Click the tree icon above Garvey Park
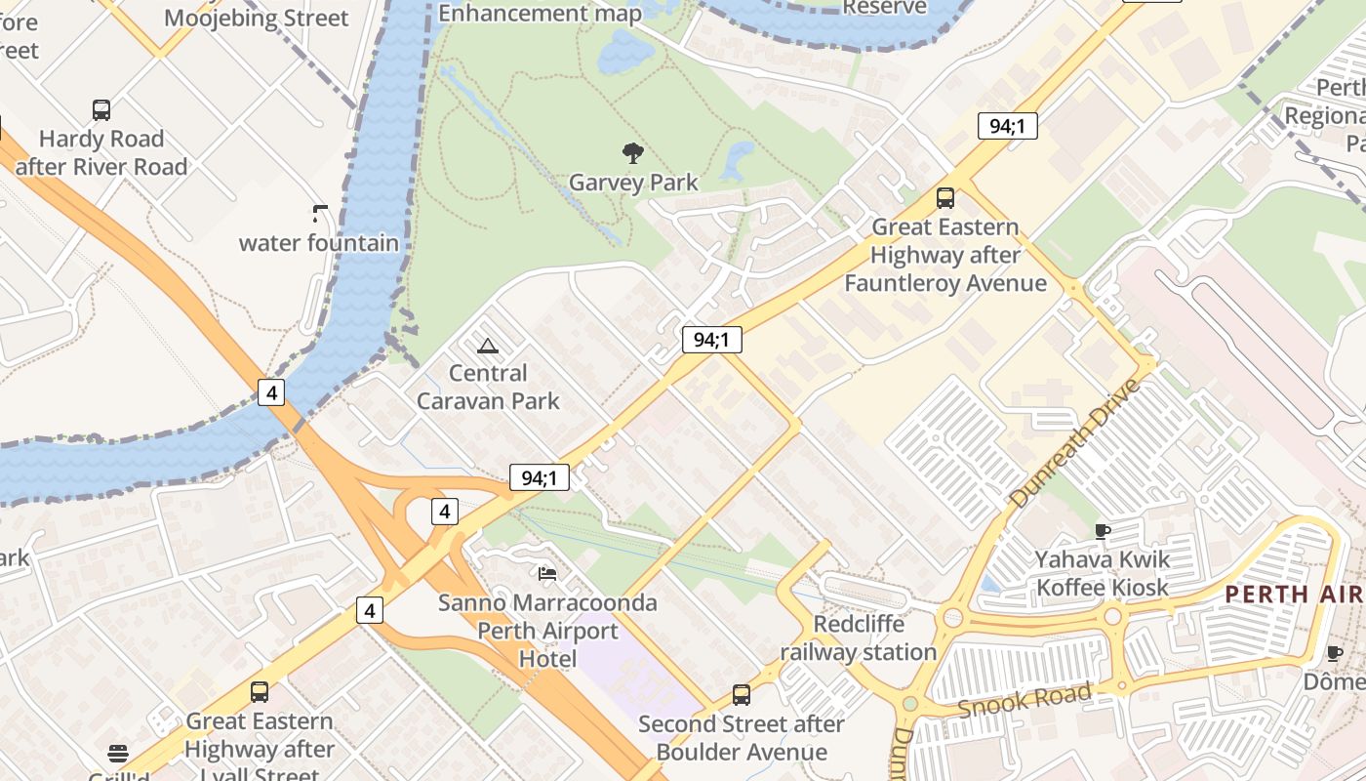click(633, 152)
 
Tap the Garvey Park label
click(633, 183)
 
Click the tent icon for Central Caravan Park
click(487, 345)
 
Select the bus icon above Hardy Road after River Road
click(101, 109)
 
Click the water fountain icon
click(320, 212)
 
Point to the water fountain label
click(319, 243)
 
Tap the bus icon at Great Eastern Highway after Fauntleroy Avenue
click(944, 198)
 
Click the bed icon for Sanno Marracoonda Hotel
click(547, 573)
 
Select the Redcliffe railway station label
click(859, 637)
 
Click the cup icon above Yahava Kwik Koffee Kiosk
click(1102, 531)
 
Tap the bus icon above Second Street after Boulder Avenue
click(742, 695)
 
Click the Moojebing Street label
click(256, 18)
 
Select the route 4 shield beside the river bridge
click(271, 392)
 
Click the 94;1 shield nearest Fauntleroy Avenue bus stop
click(1007, 126)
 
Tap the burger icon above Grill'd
click(118, 753)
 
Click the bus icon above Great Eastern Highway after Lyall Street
click(260, 692)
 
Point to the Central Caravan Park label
click(488, 387)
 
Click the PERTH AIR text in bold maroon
click(1294, 594)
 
